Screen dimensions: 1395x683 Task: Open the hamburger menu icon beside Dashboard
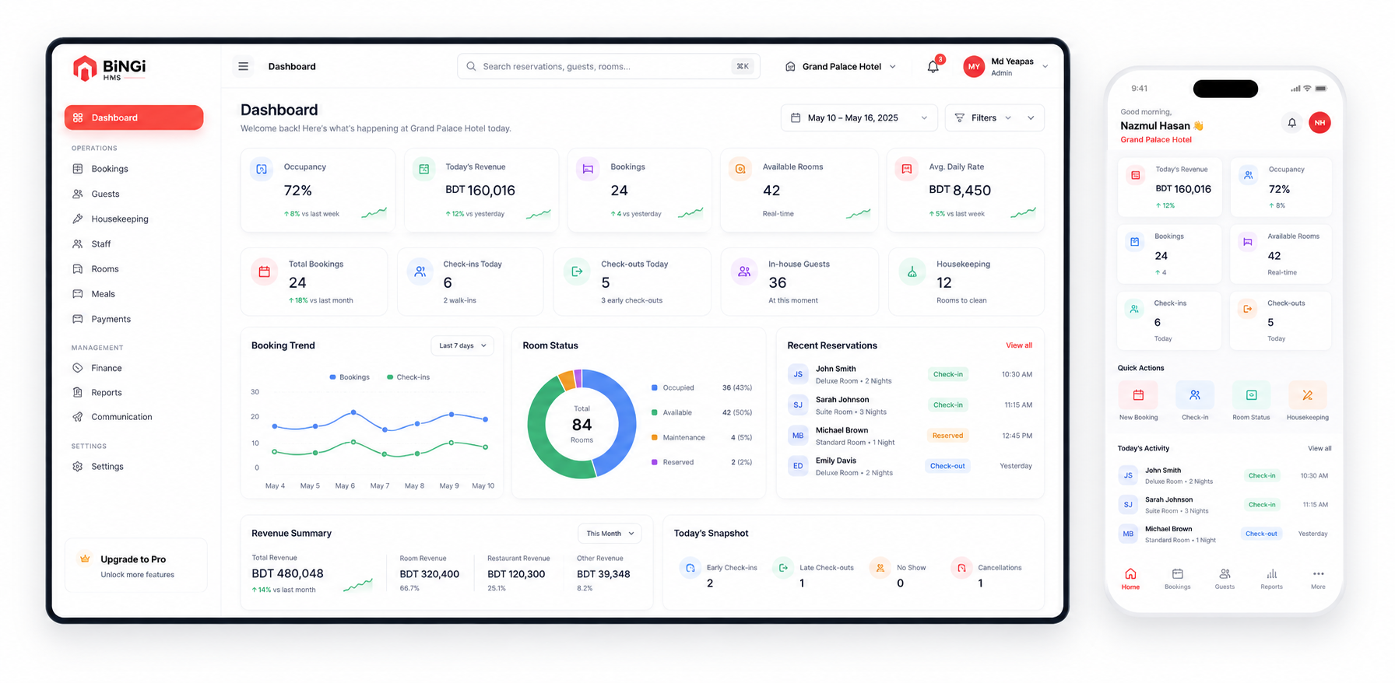(243, 66)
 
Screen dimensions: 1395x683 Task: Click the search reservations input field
(608, 66)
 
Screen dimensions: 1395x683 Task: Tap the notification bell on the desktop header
(933, 66)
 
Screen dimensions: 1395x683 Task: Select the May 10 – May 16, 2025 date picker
(859, 117)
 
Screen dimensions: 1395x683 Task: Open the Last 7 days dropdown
(462, 345)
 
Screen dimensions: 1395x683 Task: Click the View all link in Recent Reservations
(1019, 345)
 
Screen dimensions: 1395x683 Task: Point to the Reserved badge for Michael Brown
(947, 436)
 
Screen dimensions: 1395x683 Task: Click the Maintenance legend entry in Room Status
(678, 437)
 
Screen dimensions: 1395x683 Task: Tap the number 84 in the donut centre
(582, 425)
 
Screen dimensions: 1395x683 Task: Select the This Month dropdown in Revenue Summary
(610, 534)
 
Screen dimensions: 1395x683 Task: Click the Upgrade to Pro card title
(133, 559)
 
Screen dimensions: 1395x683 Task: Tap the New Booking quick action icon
(1138, 395)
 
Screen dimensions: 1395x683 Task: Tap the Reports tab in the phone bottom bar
(1271, 579)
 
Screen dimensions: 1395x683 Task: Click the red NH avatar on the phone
(1319, 123)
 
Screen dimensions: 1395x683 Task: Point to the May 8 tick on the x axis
(414, 485)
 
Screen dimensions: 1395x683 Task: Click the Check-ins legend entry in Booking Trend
(408, 377)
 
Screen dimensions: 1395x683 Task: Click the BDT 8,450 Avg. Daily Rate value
(960, 190)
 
